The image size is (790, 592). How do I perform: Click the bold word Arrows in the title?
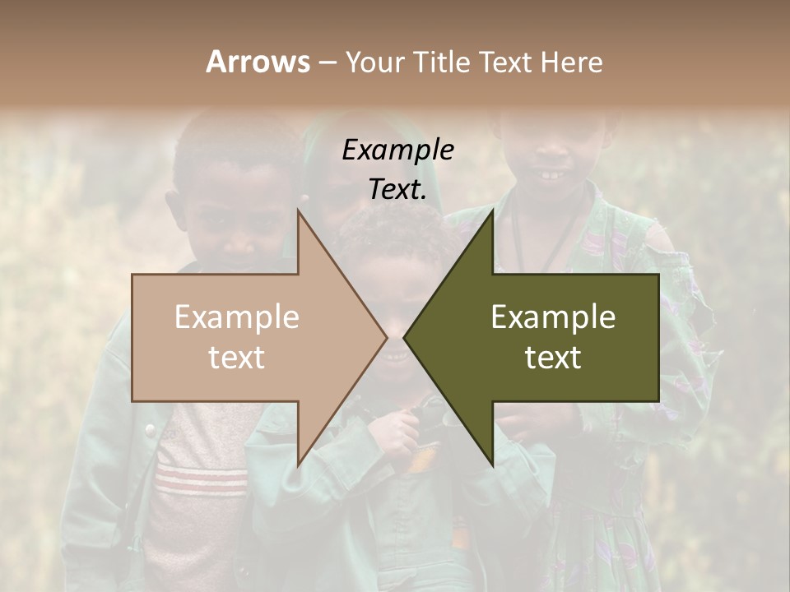pos(258,62)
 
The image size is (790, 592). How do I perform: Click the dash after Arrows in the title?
pos(328,62)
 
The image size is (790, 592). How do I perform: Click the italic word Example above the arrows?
pos(397,150)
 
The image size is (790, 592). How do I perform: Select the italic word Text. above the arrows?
pos(397,190)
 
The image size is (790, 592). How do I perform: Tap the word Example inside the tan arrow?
pos(237,317)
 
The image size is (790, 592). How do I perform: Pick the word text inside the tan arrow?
pos(237,358)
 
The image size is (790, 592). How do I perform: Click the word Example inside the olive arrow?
pos(553,317)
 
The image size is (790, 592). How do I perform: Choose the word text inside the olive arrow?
pos(553,358)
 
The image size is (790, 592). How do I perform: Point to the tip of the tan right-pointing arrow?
pos(386,338)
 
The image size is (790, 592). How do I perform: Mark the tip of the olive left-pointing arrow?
pos(405,338)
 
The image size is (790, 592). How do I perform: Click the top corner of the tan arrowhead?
pos(298,211)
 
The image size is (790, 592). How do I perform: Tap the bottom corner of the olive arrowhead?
pos(492,465)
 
